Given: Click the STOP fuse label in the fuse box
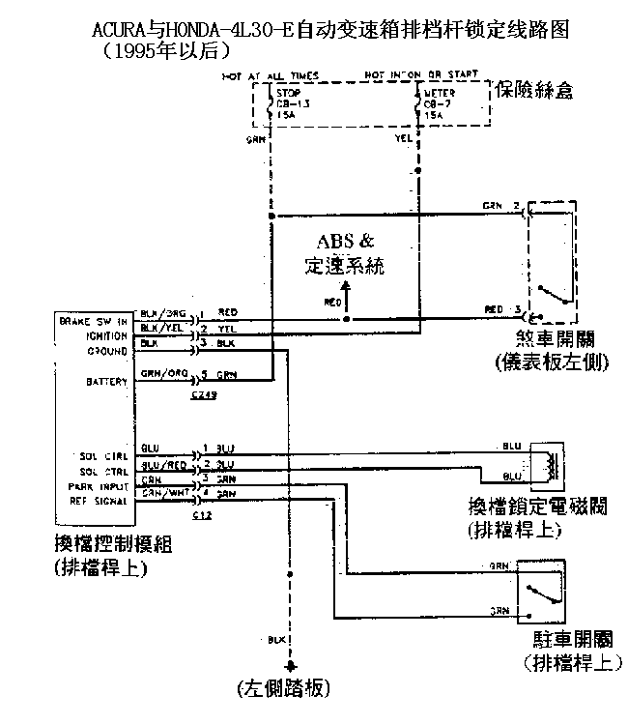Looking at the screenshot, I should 286,94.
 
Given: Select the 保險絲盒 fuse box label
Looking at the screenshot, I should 534,92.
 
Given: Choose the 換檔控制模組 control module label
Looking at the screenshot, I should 114,545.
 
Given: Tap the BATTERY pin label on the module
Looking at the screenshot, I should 108,383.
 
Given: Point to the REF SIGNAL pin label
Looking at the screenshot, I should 99,501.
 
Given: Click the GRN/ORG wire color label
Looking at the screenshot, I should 157,373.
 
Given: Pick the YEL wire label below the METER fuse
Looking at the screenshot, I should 404,137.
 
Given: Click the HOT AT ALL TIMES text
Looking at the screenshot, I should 270,74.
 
